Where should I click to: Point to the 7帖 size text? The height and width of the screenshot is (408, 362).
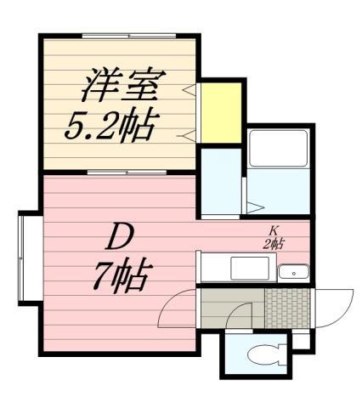pos(122,275)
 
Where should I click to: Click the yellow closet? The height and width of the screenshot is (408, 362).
pos(221,112)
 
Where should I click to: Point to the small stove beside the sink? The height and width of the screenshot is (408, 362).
pos(294,272)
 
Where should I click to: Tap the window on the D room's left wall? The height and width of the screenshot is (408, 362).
pos(23,257)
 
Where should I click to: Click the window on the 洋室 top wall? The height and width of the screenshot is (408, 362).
pos(128,36)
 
